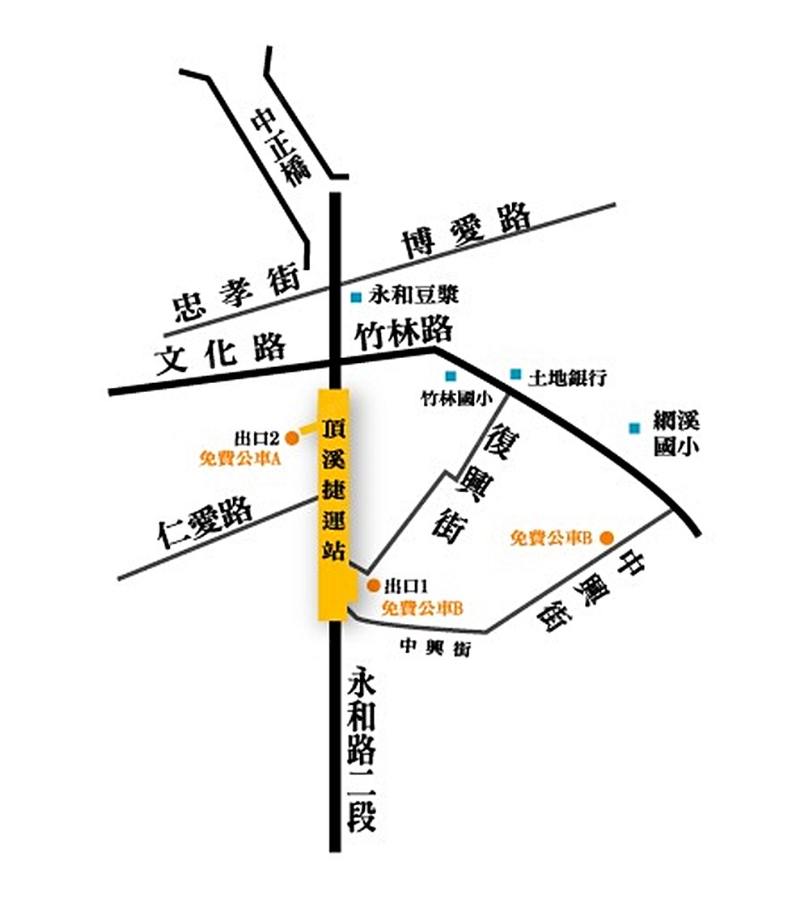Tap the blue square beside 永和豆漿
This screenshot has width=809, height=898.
[356, 297]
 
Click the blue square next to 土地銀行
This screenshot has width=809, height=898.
[515, 374]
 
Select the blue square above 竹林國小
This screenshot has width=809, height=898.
[451, 375]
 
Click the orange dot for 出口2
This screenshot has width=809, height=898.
[291, 437]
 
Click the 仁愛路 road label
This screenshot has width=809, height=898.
[206, 524]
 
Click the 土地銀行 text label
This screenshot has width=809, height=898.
[566, 377]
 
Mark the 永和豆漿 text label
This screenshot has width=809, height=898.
[413, 295]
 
